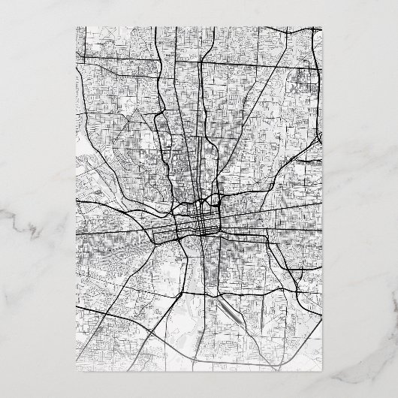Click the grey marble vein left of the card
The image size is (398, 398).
(30, 225)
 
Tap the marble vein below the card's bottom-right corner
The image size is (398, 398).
(353, 383)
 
